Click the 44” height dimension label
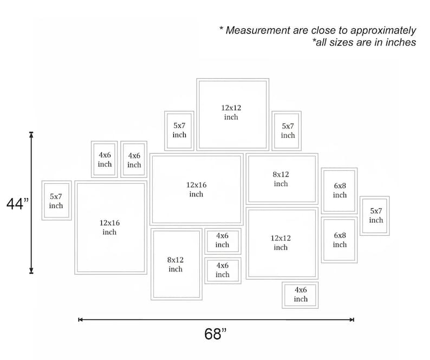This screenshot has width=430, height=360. tap(17, 204)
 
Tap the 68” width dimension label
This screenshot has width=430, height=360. tap(216, 334)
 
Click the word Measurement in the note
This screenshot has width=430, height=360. tap(258, 30)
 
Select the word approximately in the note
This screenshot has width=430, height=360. tap(383, 31)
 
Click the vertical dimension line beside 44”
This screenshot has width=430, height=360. tap(31, 203)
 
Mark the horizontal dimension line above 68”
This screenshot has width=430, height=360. tap(216, 320)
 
